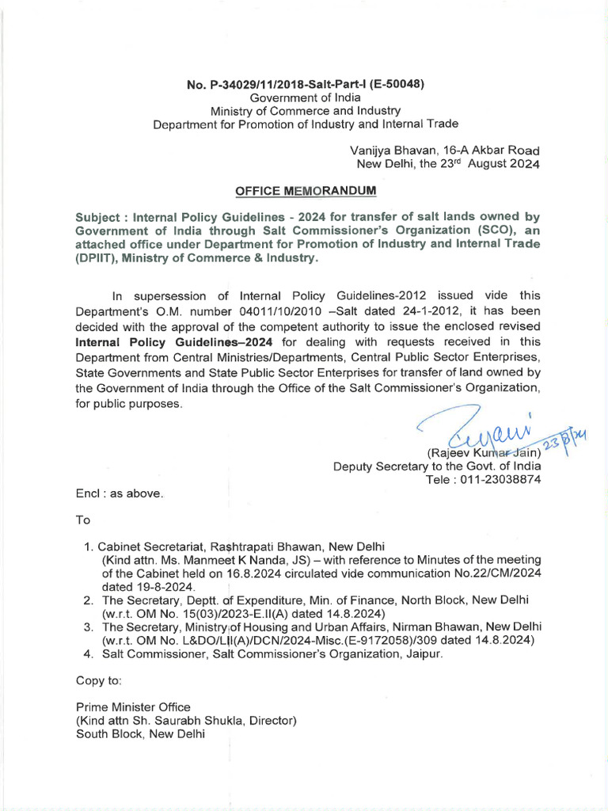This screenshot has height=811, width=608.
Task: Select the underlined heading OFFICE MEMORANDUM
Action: pyautogui.click(x=305, y=192)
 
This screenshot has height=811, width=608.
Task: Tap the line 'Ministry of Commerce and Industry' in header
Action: pyautogui.click(x=305, y=110)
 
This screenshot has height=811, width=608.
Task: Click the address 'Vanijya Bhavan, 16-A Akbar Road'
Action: pyautogui.click(x=445, y=150)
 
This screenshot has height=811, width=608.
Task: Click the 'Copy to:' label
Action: pyautogui.click(x=98, y=680)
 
